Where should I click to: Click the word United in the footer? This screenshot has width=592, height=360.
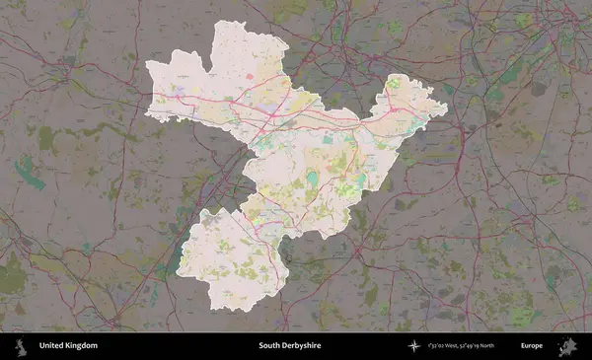point(52,346)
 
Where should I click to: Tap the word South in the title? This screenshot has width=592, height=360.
point(269,346)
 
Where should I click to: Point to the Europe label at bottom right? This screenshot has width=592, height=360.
point(532,346)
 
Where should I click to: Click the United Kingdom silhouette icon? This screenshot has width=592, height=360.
point(19,346)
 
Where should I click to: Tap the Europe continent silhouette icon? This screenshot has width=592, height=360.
point(567,346)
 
